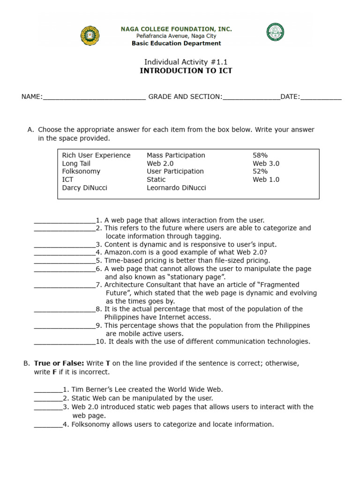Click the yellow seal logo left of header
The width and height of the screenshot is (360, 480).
coord(90,36)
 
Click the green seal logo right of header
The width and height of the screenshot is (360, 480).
coord(276,32)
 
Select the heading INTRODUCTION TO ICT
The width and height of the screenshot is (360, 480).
coord(186,71)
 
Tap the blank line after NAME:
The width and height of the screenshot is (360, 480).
coord(94,97)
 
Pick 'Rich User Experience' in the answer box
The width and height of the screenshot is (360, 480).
coord(96,155)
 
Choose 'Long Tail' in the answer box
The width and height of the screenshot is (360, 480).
coord(76,164)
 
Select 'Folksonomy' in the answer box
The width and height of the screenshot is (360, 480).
coord(81,172)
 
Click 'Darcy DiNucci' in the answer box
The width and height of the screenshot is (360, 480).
coord(84,187)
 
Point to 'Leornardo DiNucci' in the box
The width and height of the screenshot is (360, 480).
coord(176,187)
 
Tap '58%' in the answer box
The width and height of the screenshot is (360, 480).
coord(260,155)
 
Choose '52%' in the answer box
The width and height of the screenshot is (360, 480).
coord(260,172)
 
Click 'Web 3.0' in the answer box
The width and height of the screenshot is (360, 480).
coord(266,164)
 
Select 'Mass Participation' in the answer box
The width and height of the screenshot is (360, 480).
coord(176,155)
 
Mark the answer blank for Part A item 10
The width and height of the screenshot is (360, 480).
coord(65,342)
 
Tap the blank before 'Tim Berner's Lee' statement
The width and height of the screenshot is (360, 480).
coord(48,390)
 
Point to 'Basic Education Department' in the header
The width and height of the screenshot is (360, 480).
coord(176,43)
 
